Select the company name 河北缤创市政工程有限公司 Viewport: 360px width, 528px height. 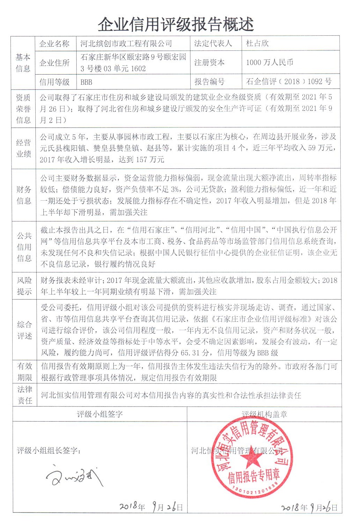coord(126,43)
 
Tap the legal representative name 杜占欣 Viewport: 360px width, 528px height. coord(257,43)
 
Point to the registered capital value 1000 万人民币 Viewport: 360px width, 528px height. coord(269,63)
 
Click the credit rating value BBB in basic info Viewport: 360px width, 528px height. coord(86,82)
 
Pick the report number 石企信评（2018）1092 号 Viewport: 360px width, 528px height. coord(288,82)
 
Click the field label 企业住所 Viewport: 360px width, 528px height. coord(54,63)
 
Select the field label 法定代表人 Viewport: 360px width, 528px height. coord(213,43)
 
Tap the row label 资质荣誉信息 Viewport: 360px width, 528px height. coord(23,109)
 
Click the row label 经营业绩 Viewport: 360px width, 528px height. coord(23,148)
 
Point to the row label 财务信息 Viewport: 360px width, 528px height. coord(23,195)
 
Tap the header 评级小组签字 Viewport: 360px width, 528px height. coord(100,414)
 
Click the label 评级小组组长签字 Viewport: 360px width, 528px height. coord(49,450)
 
